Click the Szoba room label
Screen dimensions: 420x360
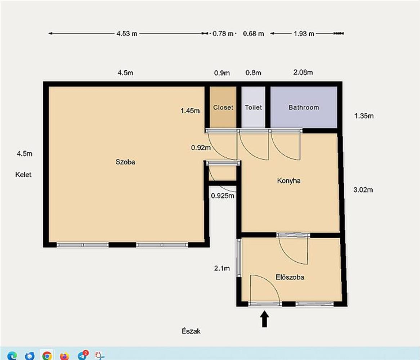pos(125,162)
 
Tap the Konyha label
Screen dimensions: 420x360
pos(289,181)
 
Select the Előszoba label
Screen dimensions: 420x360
pos(290,277)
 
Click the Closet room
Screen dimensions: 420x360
pos(223,107)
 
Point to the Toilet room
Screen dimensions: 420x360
pos(253,107)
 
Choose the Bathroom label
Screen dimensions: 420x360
pos(304,107)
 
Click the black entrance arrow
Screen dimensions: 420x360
pos(265,319)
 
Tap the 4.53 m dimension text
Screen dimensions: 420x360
pos(127,33)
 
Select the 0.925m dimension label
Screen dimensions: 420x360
pos(222,195)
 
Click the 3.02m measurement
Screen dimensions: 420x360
pos(363,190)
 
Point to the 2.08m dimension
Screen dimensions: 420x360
pos(303,72)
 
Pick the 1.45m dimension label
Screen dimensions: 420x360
pos(190,111)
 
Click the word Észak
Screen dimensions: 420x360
pos(191,331)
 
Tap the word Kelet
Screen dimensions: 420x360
pos(23,175)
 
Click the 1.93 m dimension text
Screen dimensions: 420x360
pos(304,33)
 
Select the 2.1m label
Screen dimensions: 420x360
pos(222,268)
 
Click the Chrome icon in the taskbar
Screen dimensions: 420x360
pos(47,356)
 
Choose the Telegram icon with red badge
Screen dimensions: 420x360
pos(82,355)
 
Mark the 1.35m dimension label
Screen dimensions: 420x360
pos(364,116)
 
